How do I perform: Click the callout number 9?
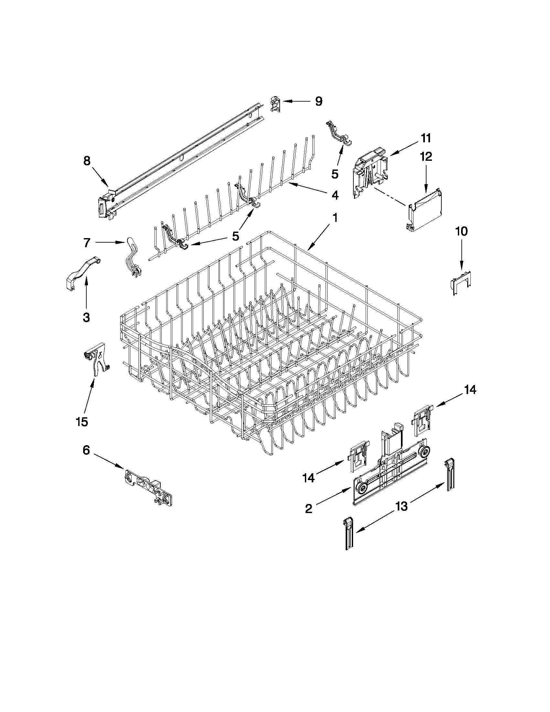pyautogui.click(x=318, y=101)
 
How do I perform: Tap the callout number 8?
pyautogui.click(x=87, y=161)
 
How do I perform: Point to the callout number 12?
pyautogui.click(x=426, y=157)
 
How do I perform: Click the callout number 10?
pyautogui.click(x=461, y=231)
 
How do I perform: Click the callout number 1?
pyautogui.click(x=335, y=217)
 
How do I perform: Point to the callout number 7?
pyautogui.click(x=86, y=243)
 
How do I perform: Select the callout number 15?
pyautogui.click(x=82, y=422)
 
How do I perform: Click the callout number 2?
pyautogui.click(x=308, y=508)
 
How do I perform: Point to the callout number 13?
pyautogui.click(x=402, y=506)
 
